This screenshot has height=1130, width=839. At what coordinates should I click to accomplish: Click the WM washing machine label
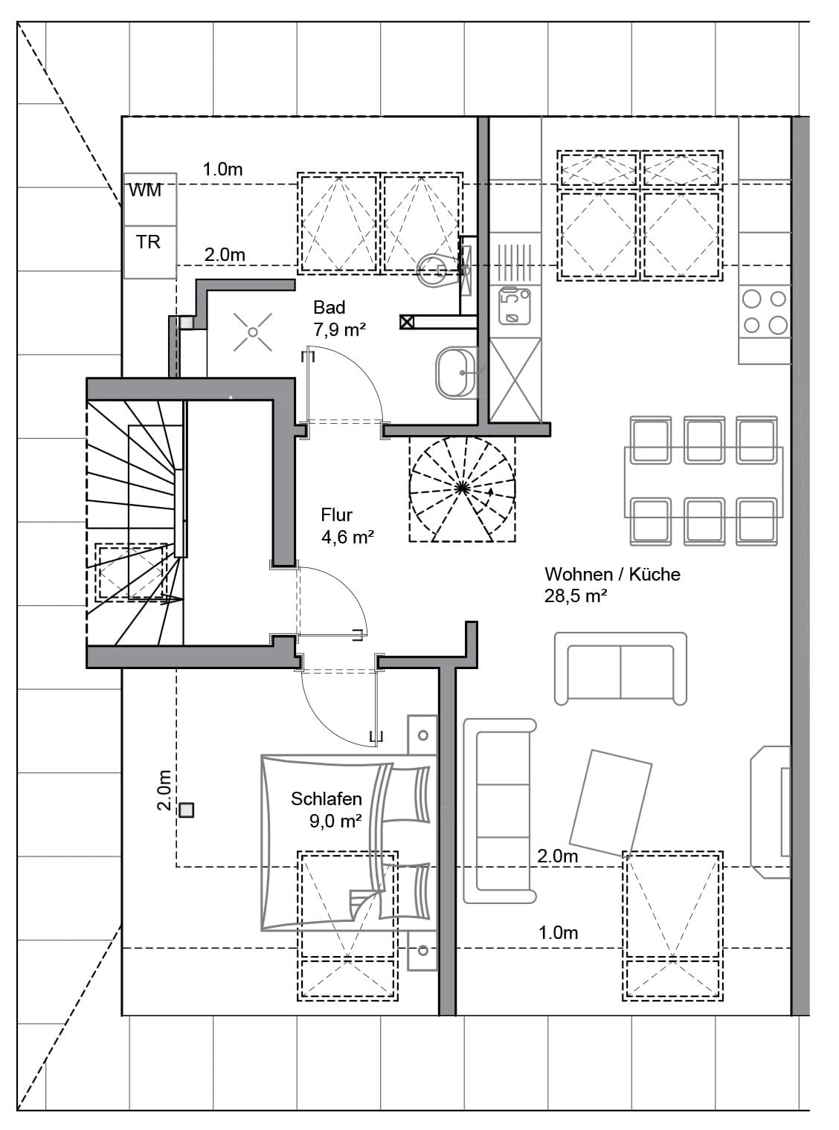[145, 190]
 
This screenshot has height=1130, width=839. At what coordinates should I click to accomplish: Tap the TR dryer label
[148, 242]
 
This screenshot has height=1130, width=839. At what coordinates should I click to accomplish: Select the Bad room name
[330, 307]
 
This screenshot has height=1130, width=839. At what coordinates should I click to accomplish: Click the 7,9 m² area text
[339, 329]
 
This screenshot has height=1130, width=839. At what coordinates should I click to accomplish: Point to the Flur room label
[336, 514]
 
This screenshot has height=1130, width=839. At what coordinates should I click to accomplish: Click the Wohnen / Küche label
[612, 574]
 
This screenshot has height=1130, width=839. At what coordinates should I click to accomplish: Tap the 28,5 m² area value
[576, 595]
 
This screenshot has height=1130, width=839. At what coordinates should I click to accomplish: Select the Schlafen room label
[327, 798]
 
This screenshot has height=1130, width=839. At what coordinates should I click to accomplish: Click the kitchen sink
[515, 306]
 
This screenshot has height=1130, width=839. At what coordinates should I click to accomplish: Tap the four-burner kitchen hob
[765, 311]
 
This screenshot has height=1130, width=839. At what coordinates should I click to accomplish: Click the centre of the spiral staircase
[462, 488]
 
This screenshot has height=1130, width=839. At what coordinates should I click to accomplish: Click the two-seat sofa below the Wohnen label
[620, 668]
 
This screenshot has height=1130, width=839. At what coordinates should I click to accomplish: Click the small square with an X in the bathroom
[406, 322]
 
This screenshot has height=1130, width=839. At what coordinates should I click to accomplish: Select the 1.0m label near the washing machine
[222, 169]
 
